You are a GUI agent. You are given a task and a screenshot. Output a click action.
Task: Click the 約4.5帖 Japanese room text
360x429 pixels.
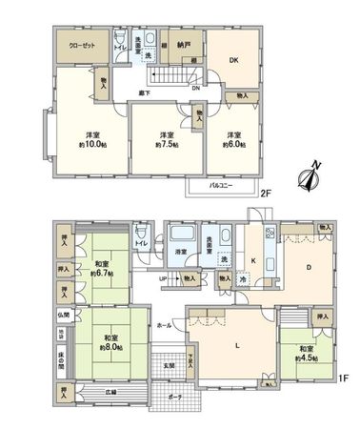point(305,359)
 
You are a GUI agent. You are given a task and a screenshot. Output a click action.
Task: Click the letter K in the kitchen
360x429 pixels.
point(253,259)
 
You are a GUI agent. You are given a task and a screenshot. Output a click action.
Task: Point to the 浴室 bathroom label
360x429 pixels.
point(180,251)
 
